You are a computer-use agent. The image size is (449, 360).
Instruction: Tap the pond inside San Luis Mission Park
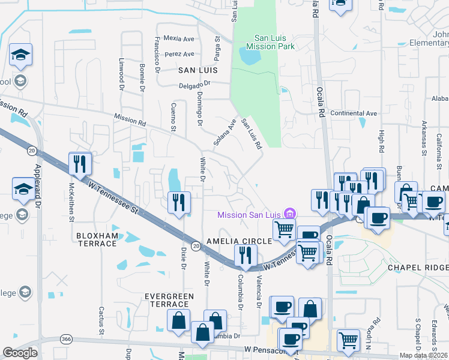(x=250, y=56)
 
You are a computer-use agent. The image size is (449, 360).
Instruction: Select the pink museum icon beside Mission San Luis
(x=291, y=214)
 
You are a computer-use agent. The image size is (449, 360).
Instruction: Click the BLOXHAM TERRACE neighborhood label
(x=97, y=239)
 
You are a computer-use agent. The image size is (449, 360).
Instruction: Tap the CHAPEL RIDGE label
(x=418, y=267)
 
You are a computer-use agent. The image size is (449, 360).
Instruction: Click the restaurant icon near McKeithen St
(x=79, y=163)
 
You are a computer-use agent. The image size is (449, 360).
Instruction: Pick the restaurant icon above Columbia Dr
(x=245, y=256)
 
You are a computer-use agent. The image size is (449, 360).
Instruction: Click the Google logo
(x=20, y=352)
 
